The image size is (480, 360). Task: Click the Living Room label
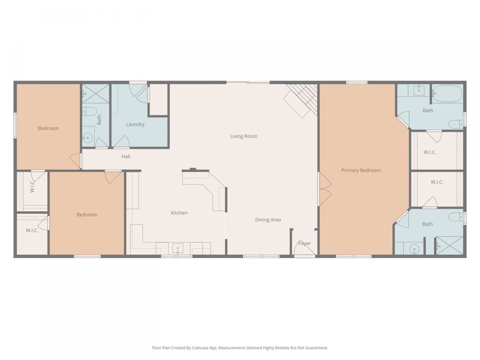(x=244, y=137)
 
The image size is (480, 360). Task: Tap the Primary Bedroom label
(x=361, y=170)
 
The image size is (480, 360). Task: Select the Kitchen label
(x=179, y=213)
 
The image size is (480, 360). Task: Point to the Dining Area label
(x=268, y=220)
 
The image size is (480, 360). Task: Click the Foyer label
(x=305, y=244)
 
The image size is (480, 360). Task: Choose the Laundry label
(x=135, y=124)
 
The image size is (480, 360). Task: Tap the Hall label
(x=126, y=156)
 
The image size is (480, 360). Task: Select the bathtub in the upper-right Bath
(x=447, y=94)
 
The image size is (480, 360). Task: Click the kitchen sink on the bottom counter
(x=177, y=248)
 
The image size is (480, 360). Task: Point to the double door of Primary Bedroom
(x=324, y=188)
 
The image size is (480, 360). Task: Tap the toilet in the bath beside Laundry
(x=90, y=111)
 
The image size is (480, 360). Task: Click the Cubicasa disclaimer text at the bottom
(x=240, y=348)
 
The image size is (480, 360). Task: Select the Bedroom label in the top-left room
(x=48, y=128)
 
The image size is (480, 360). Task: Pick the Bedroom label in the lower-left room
(x=86, y=214)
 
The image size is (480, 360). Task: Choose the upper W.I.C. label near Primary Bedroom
(x=430, y=152)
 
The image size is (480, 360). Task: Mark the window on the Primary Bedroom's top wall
(x=356, y=82)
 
